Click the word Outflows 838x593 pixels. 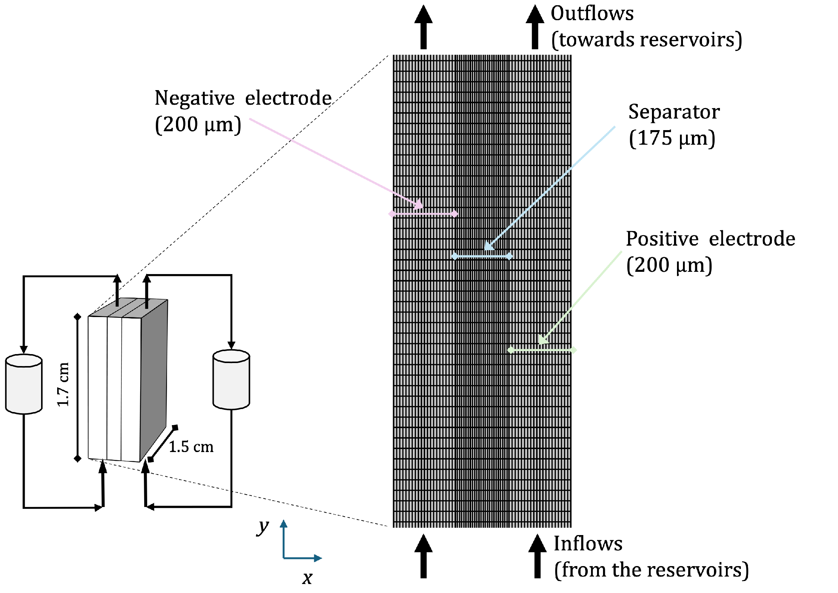pyautogui.click(x=592, y=14)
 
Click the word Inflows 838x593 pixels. pyautogui.click(x=588, y=544)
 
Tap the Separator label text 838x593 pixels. pyautogui.click(x=674, y=112)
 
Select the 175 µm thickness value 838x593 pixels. pyautogui.click(x=672, y=139)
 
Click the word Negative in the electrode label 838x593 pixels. pyautogui.click(x=194, y=98)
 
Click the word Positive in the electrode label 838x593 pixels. pyautogui.click(x=662, y=239)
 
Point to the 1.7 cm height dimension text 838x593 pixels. pyautogui.click(x=63, y=384)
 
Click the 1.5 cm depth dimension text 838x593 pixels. pyautogui.click(x=191, y=447)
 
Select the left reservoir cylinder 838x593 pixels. pyautogui.click(x=24, y=384)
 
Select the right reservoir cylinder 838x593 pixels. pyautogui.click(x=231, y=380)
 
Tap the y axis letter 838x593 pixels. pyautogui.click(x=263, y=527)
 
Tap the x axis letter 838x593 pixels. pyautogui.click(x=307, y=578)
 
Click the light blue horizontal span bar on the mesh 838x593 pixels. pyautogui.click(x=482, y=256)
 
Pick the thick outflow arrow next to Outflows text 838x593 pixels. pyautogui.click(x=535, y=28)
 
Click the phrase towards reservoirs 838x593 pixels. pyautogui.click(x=646, y=40)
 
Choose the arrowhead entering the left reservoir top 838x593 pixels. pyautogui.click(x=24, y=349)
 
